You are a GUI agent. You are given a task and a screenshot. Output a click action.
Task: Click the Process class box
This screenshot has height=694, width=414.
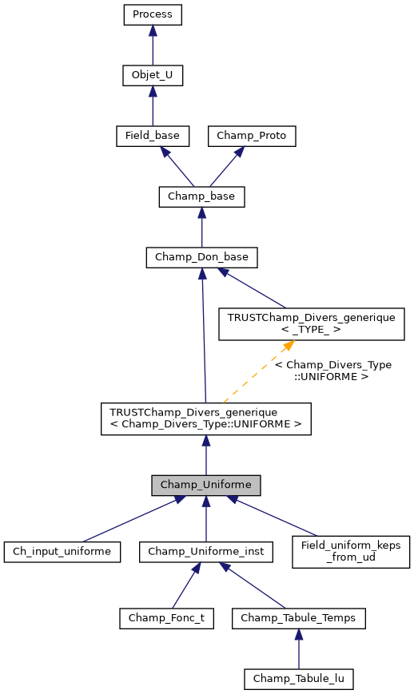click(x=153, y=14)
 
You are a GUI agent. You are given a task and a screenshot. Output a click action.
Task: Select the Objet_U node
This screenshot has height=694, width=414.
click(x=153, y=76)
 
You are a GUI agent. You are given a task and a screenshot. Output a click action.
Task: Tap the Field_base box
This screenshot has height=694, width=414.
click(x=153, y=137)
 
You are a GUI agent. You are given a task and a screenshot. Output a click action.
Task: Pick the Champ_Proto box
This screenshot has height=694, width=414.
click(x=252, y=137)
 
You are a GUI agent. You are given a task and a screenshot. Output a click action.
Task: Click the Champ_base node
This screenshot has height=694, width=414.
click(x=201, y=196)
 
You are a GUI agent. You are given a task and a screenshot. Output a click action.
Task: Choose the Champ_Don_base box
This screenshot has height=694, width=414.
click(x=201, y=257)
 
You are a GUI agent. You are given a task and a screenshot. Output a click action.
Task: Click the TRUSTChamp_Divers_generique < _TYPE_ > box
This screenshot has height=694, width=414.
click(x=312, y=323)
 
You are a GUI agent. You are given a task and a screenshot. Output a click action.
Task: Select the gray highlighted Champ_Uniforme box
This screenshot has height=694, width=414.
click(x=206, y=485)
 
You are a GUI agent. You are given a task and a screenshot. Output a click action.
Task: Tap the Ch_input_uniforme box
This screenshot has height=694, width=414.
click(x=62, y=551)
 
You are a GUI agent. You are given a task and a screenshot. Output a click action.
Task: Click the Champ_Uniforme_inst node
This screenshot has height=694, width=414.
click(x=206, y=551)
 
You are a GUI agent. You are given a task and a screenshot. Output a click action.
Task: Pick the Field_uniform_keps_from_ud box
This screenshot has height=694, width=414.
click(x=351, y=551)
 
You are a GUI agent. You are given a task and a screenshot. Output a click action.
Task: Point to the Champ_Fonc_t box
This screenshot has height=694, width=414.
click(x=167, y=617)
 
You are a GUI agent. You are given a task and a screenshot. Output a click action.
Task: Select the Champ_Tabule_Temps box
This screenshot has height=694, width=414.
click(x=298, y=617)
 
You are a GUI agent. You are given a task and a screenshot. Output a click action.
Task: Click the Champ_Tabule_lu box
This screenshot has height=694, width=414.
click(x=298, y=679)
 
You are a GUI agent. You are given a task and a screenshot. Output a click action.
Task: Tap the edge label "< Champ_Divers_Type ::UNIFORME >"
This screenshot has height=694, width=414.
click(x=332, y=370)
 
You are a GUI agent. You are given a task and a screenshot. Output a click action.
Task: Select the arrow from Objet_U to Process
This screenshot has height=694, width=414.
click(x=153, y=46)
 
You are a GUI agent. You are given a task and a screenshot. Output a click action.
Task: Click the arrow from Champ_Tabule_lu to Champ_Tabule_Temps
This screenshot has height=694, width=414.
click(x=298, y=648)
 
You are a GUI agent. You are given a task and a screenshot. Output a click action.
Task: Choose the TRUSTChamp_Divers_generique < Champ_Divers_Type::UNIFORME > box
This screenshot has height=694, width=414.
click(x=205, y=418)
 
